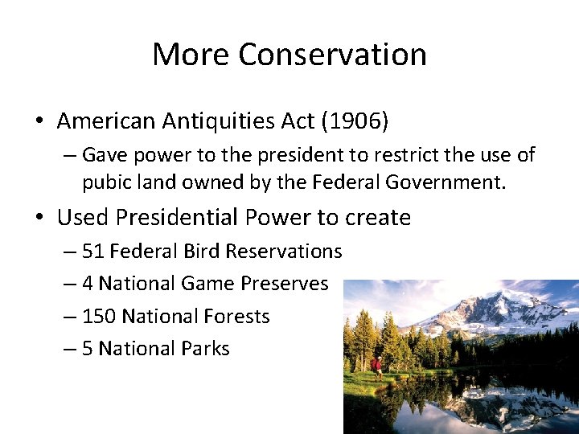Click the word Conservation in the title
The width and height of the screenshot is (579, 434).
pos(332,55)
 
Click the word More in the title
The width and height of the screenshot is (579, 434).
pos(190,55)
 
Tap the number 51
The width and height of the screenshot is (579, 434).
pos(92,252)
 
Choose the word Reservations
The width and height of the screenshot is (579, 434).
pos(284,252)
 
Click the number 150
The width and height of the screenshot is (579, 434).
pos(98,317)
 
